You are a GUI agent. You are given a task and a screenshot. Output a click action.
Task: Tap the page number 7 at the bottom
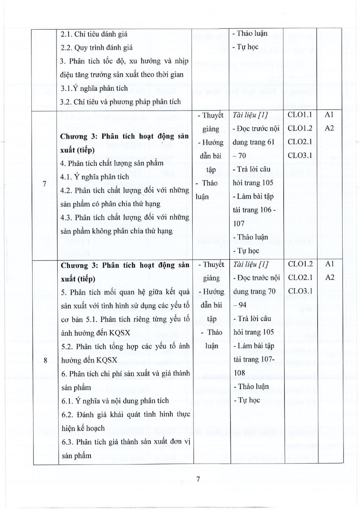198,479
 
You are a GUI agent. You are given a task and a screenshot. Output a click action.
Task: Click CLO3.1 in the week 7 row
300,155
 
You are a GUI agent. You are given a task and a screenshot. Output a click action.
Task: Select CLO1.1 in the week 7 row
300,115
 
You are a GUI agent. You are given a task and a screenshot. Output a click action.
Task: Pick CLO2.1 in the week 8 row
300,277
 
